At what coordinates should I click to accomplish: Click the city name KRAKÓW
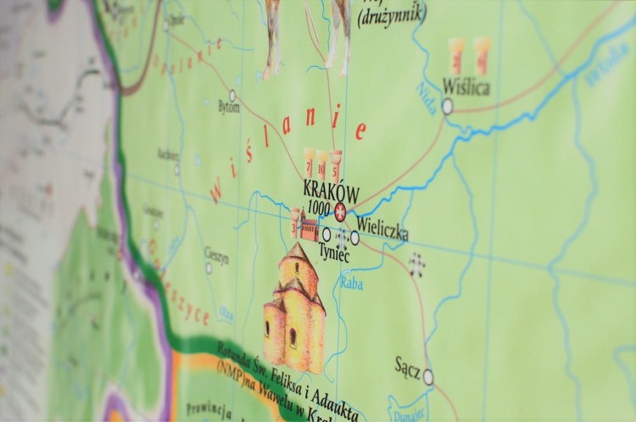pyautogui.click(x=330, y=192)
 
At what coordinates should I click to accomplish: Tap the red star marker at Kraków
pyautogui.click(x=341, y=211)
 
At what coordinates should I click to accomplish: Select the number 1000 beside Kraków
pyautogui.click(x=319, y=209)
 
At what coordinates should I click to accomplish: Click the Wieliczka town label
pyautogui.click(x=382, y=226)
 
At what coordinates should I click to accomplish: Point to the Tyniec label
pyautogui.click(x=333, y=250)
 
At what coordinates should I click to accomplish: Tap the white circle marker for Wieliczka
pyautogui.click(x=354, y=238)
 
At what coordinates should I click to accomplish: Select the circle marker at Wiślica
pyautogui.click(x=447, y=106)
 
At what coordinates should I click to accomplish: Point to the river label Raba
pyautogui.click(x=351, y=283)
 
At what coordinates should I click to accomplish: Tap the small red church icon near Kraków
pyautogui.click(x=308, y=228)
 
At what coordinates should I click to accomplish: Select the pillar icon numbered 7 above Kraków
pyautogui.click(x=310, y=161)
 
